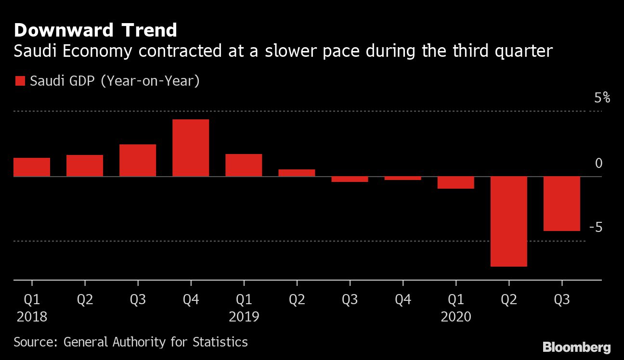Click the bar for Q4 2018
[191, 148]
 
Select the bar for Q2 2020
[508, 221]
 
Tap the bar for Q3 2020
[561, 204]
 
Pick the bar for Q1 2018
[32, 167]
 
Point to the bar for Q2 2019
[297, 173]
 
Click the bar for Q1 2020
[455, 182]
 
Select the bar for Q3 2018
[138, 160]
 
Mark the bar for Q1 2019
[244, 165]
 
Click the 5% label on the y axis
[602, 98]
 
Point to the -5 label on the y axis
[596, 227]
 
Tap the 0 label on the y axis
[598, 164]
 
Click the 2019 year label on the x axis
[244, 317]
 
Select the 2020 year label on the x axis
[456, 317]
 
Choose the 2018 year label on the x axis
[32, 317]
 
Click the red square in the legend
[20, 81]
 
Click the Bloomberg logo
[576, 347]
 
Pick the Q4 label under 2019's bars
[403, 300]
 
